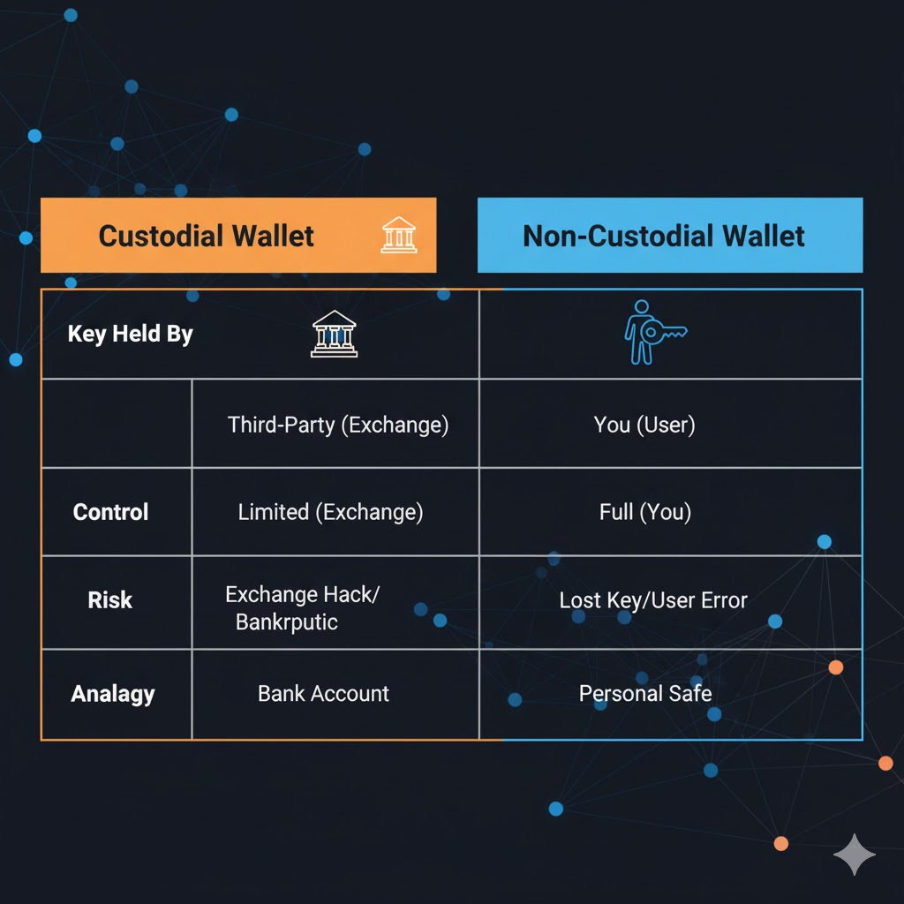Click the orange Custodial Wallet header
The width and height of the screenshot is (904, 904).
[x=237, y=235]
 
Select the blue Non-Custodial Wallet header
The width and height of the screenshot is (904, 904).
[x=669, y=235]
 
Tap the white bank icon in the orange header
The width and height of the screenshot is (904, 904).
[x=399, y=236]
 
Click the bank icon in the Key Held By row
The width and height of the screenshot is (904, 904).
[x=335, y=334]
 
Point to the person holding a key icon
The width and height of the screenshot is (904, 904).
[x=653, y=332]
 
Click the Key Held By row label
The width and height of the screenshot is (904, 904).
[x=130, y=335]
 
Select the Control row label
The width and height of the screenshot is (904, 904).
[x=110, y=512]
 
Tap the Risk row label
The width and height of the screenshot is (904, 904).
[x=110, y=600]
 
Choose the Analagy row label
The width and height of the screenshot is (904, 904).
[x=113, y=694]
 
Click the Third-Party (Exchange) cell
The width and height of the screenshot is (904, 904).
[x=338, y=425]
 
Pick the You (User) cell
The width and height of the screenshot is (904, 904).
[x=644, y=425]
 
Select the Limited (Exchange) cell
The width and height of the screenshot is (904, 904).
[x=330, y=512]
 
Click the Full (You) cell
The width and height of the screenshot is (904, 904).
[x=644, y=512]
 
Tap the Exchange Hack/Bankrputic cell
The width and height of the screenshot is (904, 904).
[x=302, y=607]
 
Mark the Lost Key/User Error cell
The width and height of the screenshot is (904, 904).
[x=653, y=601]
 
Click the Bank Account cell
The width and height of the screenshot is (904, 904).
[x=323, y=694]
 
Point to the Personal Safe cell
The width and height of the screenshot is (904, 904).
[x=645, y=694]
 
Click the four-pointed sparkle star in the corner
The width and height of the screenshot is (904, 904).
[x=855, y=854]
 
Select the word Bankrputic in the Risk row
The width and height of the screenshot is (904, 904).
[x=287, y=621]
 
